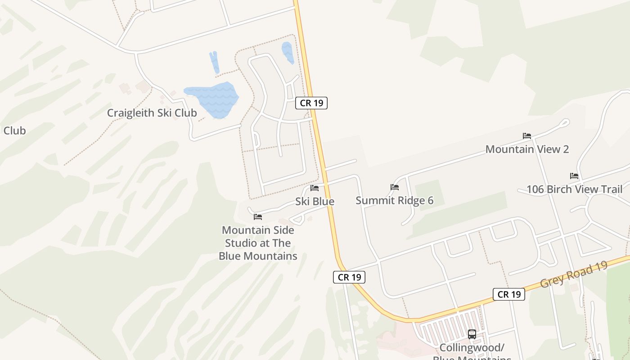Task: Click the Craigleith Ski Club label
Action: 152,113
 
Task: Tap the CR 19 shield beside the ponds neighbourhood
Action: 311,103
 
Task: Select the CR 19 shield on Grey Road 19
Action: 509,294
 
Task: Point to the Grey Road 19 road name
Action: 574,273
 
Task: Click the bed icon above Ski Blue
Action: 315,188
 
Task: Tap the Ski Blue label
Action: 315,201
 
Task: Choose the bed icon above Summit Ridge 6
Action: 395,187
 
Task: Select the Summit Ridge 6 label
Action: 394,200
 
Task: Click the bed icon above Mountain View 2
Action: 527,135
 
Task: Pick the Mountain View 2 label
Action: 527,149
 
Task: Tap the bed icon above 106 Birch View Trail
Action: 574,175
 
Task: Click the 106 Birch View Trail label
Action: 574,189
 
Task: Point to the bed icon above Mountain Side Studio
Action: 258,216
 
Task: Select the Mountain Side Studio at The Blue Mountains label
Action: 258,243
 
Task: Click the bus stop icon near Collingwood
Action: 472,334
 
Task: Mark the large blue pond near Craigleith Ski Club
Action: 212,99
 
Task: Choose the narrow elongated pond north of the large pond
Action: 214,62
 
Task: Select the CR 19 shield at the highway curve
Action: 349,277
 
